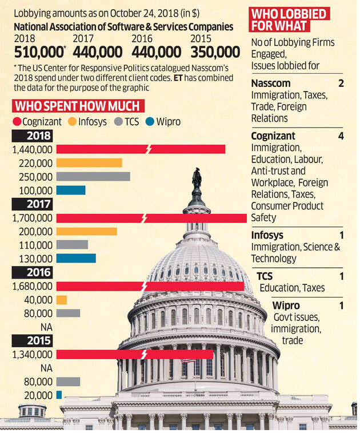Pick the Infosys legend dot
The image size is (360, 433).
(72, 122)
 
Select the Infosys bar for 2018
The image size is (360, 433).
(89, 162)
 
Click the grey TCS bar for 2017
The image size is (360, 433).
(72, 245)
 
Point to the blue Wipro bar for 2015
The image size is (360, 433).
(59, 395)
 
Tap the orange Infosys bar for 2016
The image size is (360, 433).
(61, 300)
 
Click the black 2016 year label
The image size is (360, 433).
(33, 273)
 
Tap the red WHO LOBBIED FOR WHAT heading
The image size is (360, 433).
(281, 20)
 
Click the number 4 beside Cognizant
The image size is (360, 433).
(341, 136)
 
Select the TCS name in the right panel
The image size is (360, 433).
(265, 277)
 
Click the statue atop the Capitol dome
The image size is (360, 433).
(197, 178)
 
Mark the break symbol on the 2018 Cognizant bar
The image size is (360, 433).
(149, 149)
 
